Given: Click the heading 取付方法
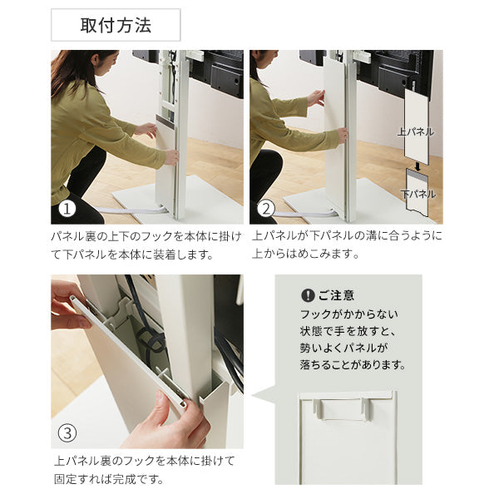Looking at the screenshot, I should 116,25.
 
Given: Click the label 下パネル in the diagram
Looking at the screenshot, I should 417,194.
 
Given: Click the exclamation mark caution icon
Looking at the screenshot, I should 307,295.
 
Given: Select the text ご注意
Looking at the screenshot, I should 336,295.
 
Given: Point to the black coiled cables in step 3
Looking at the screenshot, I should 150,337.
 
